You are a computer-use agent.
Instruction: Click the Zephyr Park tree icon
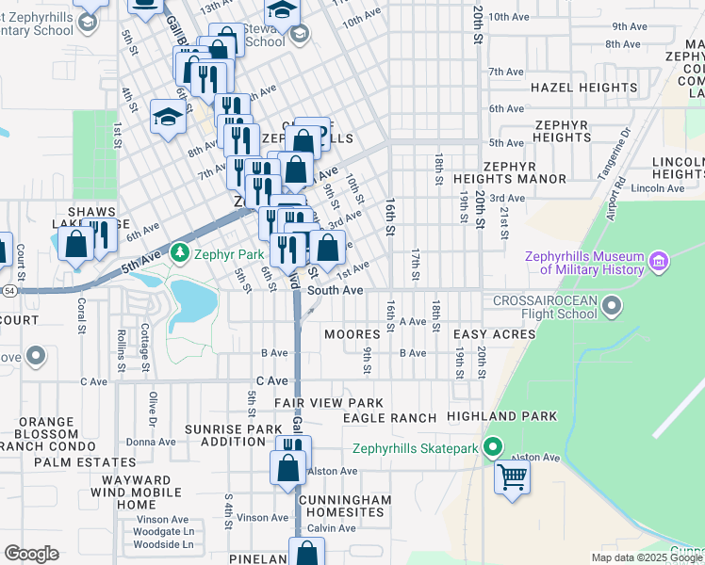180,253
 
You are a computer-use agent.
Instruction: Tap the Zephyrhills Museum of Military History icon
658,258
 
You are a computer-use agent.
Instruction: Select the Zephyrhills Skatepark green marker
491,448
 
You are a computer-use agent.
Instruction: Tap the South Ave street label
336,291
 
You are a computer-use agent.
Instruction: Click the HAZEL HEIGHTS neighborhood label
578,88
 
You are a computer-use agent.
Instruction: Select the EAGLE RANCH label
389,417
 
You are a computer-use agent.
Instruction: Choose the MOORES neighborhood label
352,334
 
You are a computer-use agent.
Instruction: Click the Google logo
31,554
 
